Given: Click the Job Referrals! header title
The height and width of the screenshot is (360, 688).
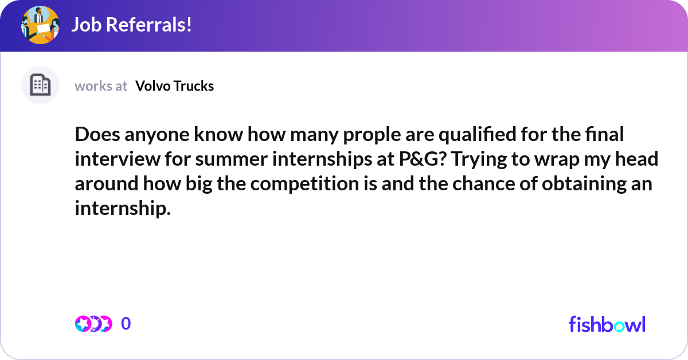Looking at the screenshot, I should pyautogui.click(x=131, y=25).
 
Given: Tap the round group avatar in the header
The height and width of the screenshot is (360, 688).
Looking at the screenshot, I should pyautogui.click(x=40, y=25).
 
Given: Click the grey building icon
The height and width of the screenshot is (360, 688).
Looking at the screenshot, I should pyautogui.click(x=40, y=85).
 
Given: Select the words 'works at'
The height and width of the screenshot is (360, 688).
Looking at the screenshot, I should pyautogui.click(x=101, y=86).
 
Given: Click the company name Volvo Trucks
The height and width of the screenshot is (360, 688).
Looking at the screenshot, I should pyautogui.click(x=174, y=86).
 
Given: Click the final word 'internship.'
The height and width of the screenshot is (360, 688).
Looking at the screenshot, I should pyautogui.click(x=123, y=209).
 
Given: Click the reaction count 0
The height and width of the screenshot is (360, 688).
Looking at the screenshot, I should pyautogui.click(x=126, y=324).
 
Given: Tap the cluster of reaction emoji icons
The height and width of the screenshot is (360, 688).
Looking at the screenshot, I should pyautogui.click(x=93, y=324).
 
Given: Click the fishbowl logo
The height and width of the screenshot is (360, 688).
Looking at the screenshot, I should pyautogui.click(x=607, y=324).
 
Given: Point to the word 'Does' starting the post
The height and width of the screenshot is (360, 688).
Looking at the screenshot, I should pyautogui.click(x=94, y=135).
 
